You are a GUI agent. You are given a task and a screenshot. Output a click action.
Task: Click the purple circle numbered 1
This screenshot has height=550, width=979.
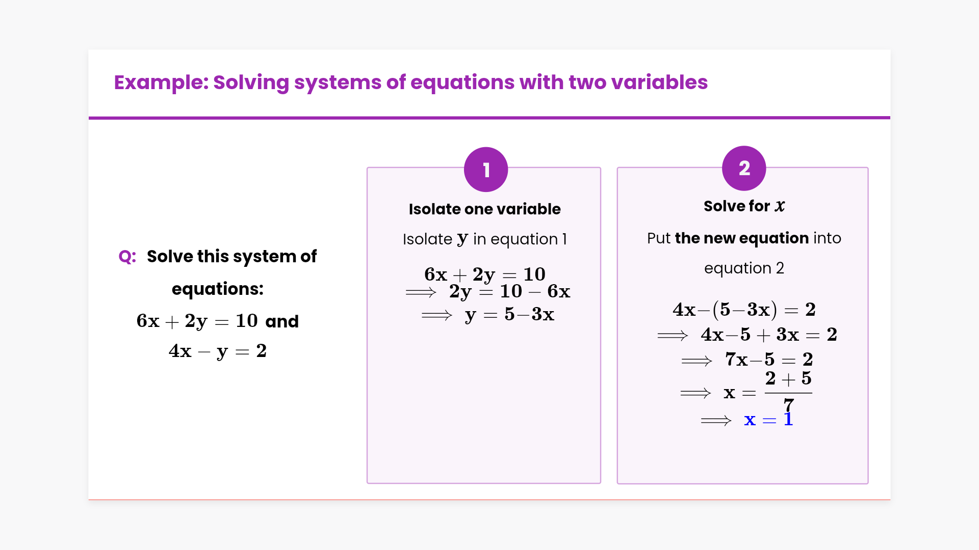click(486, 170)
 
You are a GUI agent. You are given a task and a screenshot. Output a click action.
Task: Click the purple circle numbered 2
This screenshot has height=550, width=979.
click(744, 168)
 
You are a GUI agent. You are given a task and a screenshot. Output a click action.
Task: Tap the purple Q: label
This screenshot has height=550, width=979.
click(127, 257)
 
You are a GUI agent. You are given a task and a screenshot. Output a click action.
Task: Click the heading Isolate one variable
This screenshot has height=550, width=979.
click(484, 209)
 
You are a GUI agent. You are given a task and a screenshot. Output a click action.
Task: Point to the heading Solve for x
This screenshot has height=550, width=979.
click(744, 206)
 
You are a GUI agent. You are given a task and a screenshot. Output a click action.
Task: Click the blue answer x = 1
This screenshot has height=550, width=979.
click(768, 420)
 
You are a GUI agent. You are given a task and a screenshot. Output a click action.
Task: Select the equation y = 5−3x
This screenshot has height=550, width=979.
click(509, 315)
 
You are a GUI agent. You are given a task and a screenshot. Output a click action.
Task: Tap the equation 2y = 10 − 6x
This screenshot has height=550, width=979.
click(509, 292)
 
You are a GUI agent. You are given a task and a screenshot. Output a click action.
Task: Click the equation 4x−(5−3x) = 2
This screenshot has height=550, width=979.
click(744, 310)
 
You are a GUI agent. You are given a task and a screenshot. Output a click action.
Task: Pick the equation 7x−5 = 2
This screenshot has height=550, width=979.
click(769, 360)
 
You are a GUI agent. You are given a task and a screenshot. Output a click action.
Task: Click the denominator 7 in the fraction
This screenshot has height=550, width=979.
click(789, 405)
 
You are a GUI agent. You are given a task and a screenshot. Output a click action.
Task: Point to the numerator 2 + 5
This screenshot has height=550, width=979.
click(788, 378)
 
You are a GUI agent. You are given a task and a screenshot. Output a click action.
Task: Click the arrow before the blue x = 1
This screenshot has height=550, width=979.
click(716, 421)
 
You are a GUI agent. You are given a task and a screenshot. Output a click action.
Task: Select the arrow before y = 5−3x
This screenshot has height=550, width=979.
click(437, 316)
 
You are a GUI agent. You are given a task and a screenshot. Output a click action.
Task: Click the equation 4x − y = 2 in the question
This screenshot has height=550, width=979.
click(218, 351)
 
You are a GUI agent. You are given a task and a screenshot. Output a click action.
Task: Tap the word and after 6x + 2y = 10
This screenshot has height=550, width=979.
click(282, 321)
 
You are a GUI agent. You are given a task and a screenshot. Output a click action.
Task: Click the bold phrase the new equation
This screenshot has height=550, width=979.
click(742, 238)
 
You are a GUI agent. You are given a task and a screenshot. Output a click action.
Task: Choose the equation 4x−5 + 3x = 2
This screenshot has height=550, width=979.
click(769, 335)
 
